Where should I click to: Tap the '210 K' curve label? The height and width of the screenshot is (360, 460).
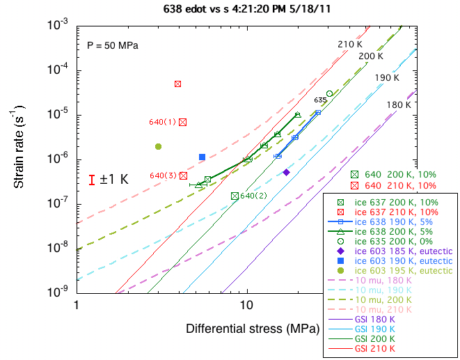click(350, 45)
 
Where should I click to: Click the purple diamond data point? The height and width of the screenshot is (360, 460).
click(286, 172)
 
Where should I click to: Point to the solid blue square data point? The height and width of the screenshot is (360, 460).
click(202, 157)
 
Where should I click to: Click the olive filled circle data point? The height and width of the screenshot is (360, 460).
click(159, 146)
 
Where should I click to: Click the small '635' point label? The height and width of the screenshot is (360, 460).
click(320, 100)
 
